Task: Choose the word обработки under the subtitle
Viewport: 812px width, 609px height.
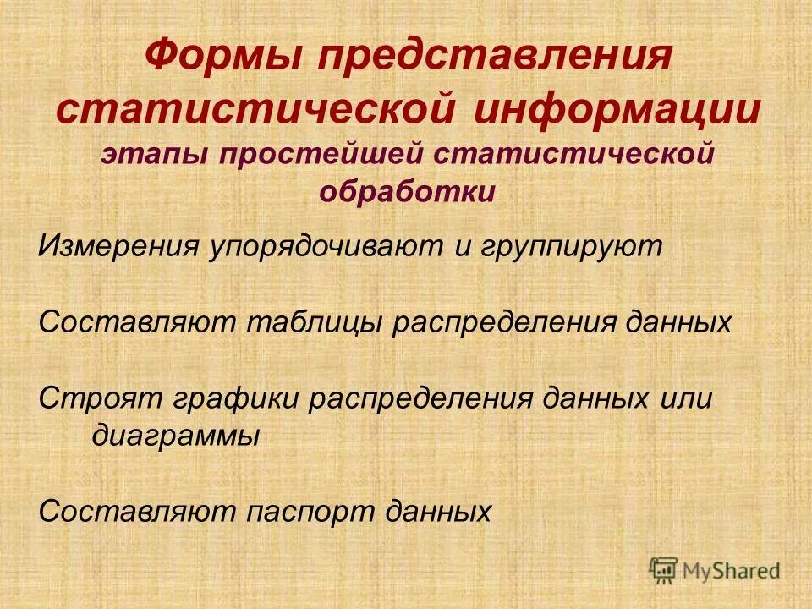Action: click(x=407, y=192)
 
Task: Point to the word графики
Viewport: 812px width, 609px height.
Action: click(x=228, y=398)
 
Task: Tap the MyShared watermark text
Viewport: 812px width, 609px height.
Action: click(x=732, y=570)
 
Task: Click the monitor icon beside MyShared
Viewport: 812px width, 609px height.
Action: click(x=665, y=569)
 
